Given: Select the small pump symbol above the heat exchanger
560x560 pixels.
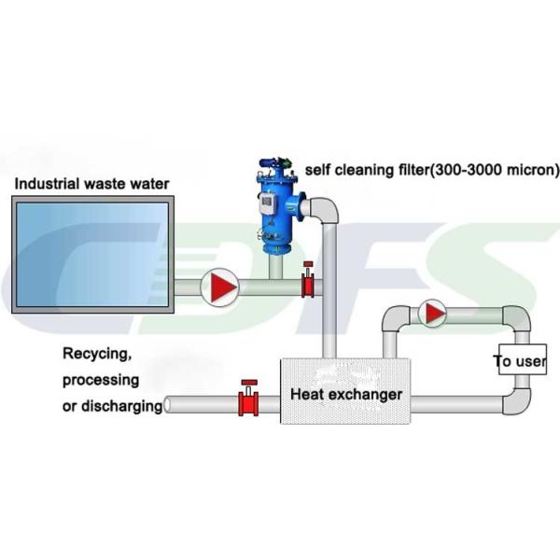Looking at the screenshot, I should (432, 314).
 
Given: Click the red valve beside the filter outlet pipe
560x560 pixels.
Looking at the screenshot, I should (306, 284).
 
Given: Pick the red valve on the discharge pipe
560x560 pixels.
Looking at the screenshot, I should (249, 400).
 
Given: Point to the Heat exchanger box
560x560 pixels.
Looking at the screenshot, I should (344, 394).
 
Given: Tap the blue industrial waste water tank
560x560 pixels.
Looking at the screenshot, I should (91, 255).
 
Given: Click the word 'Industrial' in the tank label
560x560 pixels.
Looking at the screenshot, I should (45, 183).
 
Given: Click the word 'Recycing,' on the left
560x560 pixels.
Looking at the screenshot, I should (95, 354).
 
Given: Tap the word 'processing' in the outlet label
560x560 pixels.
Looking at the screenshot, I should (101, 380).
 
